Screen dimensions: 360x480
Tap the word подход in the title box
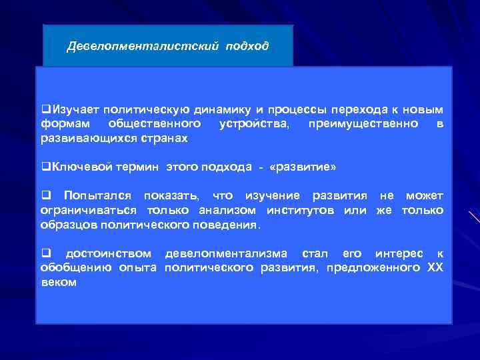247,47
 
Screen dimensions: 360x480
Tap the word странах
164,138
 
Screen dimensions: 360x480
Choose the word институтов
303,210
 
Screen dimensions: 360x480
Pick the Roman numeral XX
434,268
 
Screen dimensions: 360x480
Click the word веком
59,282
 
